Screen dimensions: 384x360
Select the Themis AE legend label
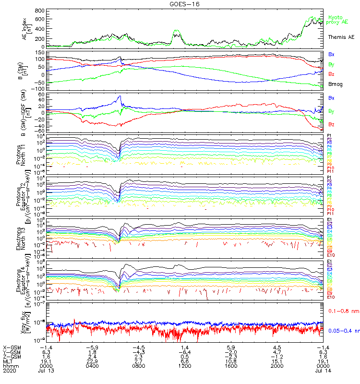click(x=341, y=36)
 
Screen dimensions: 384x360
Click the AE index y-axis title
click(x=26, y=27)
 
